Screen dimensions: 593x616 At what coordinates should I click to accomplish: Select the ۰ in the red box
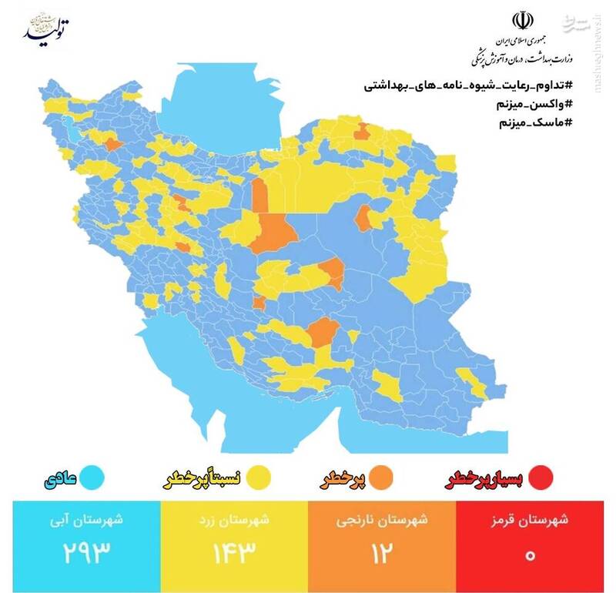tap(531, 553)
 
